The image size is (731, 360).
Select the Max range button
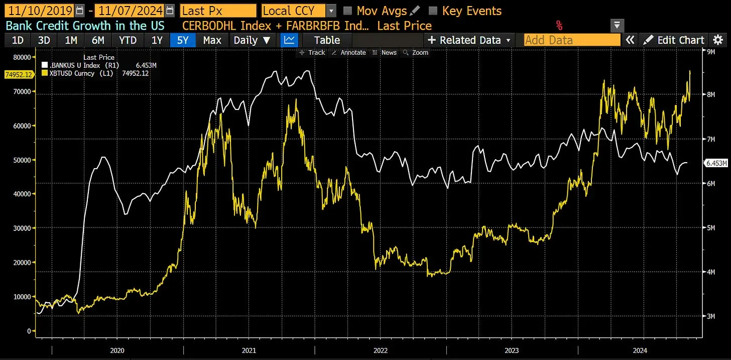212,40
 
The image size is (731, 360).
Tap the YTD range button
128,40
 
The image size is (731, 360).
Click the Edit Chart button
675,40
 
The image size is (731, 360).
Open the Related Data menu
469,40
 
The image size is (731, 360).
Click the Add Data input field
572,40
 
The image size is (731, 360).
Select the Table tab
327,40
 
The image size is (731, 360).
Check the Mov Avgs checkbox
347,11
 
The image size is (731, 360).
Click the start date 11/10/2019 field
39,11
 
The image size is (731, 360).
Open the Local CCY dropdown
299,11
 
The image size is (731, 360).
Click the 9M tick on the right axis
711,52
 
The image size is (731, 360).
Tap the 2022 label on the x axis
380,350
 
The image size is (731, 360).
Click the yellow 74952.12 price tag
18,75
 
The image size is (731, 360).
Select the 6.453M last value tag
716,163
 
